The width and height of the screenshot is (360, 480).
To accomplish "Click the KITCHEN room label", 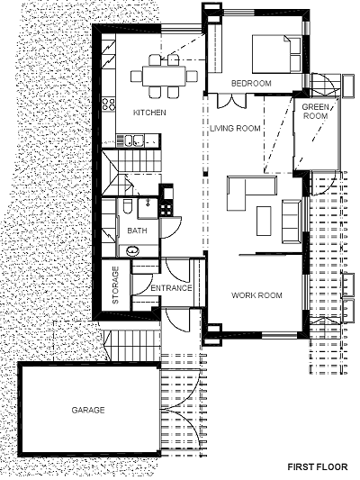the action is [149, 113].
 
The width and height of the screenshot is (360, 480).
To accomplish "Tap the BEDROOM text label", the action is [251, 83].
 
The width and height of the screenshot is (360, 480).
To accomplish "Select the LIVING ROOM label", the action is [235, 128].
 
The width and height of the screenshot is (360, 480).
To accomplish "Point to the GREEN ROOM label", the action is [315, 112].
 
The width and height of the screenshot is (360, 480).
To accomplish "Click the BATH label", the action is [137, 231].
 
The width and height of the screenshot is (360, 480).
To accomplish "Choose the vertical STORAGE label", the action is [115, 285].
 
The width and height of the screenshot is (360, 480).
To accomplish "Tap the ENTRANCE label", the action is [171, 288].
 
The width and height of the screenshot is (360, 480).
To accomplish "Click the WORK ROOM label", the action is [256, 295].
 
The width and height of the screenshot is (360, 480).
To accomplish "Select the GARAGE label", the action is [88, 410].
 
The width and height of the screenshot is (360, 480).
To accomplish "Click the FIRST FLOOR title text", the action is [318, 466].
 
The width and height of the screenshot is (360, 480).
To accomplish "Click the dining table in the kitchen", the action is [164, 76].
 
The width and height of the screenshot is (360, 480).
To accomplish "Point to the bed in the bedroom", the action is [276, 54].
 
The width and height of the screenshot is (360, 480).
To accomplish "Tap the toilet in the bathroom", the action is [127, 206].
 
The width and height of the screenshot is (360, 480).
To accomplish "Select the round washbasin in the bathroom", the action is [133, 250].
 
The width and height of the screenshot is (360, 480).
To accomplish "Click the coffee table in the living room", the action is [264, 221].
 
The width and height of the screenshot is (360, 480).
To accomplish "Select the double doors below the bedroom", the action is [231, 101].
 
